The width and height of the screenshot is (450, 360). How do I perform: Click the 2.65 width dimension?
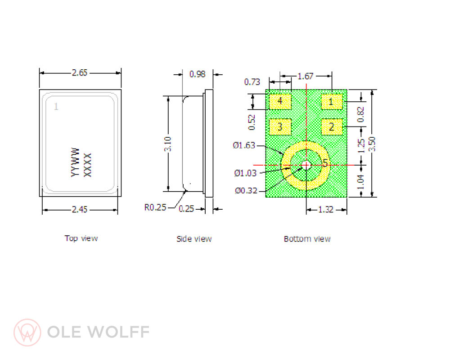[80, 72]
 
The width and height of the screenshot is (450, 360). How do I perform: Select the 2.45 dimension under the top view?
[80, 209]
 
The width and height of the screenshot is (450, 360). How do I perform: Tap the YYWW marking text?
[75, 162]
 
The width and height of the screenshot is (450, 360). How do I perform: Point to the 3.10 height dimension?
[167, 144]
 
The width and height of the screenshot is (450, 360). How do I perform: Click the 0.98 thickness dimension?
[197, 74]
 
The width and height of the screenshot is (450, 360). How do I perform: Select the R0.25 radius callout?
[155, 207]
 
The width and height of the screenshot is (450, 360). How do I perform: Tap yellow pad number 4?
[280, 101]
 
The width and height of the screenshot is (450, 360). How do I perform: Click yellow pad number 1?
[332, 102]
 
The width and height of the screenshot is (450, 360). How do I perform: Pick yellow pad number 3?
[280, 127]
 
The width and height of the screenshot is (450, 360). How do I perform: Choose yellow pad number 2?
[332, 127]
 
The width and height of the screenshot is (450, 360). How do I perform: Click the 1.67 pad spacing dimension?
[306, 76]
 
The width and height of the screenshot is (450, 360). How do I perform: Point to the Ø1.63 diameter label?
[244, 145]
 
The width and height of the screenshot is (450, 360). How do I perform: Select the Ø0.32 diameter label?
[246, 190]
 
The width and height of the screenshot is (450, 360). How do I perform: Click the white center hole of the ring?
[306, 165]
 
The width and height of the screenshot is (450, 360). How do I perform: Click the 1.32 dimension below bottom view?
[326, 209]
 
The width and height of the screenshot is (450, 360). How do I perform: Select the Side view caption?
[194, 239]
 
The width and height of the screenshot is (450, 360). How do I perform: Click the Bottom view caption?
[307, 239]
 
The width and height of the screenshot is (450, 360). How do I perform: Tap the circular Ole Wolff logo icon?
[27, 333]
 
